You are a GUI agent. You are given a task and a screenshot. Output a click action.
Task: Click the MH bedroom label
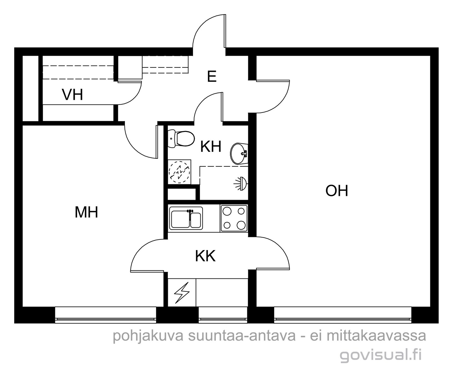coord(86,212)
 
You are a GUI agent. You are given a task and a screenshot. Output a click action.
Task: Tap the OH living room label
coord(337,191)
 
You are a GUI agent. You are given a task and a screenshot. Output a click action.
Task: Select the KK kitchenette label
coord(205,256)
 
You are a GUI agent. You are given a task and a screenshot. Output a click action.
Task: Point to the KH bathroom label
coord(211,147)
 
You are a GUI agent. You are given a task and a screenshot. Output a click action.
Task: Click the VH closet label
coord(73,95)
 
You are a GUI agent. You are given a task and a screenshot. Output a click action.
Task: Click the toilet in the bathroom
coord(181,139)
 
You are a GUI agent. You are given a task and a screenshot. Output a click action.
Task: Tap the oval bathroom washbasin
coord(239,154)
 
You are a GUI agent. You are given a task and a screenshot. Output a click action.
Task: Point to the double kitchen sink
coord(186,218)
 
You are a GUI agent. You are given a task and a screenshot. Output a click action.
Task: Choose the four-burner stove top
coord(234,218)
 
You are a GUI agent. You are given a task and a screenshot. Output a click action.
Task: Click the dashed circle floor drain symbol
coord(179,172)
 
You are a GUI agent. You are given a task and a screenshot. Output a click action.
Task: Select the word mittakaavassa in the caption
coord(376,335)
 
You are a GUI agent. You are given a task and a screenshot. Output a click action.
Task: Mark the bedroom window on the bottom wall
coord(106,315)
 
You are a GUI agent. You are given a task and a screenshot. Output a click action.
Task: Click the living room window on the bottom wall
coord(343,315)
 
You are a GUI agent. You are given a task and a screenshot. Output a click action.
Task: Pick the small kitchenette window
coord(223,315)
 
